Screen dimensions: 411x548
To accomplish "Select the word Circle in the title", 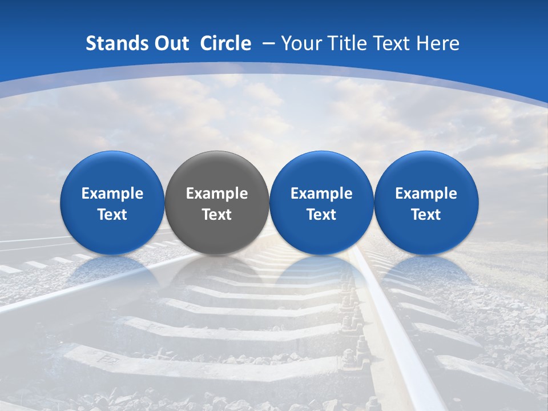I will [x=225, y=43].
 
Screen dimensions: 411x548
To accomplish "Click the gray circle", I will [x=217, y=203].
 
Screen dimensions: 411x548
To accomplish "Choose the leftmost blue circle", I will [x=112, y=203].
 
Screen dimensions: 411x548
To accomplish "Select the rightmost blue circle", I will [x=426, y=203].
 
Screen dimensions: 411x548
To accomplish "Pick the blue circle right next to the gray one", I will [x=321, y=203].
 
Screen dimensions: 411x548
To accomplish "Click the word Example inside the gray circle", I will [x=217, y=194].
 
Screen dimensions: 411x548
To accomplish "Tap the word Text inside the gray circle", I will [x=217, y=215].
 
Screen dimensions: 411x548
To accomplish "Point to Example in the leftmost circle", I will [x=112, y=194].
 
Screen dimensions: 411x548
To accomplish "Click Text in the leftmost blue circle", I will [x=112, y=215].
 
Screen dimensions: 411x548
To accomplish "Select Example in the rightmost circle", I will [x=426, y=194].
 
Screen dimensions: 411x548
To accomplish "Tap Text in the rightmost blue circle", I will [x=426, y=215].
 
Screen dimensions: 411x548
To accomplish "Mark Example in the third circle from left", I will [x=321, y=194].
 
